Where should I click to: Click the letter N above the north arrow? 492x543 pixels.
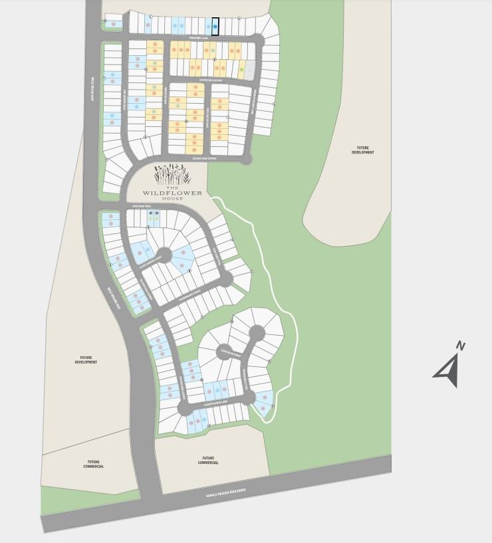click(x=460, y=345)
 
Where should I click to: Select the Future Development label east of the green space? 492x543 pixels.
click(x=363, y=150)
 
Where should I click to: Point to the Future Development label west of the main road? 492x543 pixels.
click(x=86, y=360)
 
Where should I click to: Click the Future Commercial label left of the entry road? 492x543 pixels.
click(x=96, y=464)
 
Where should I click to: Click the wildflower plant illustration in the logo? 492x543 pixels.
click(x=172, y=174)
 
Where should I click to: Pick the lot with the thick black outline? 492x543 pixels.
click(x=215, y=26)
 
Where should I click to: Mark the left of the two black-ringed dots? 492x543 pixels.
click(x=151, y=213)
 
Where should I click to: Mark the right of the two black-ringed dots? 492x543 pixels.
click(x=157, y=213)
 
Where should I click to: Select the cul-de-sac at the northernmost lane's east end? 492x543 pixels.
click(x=257, y=40)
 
